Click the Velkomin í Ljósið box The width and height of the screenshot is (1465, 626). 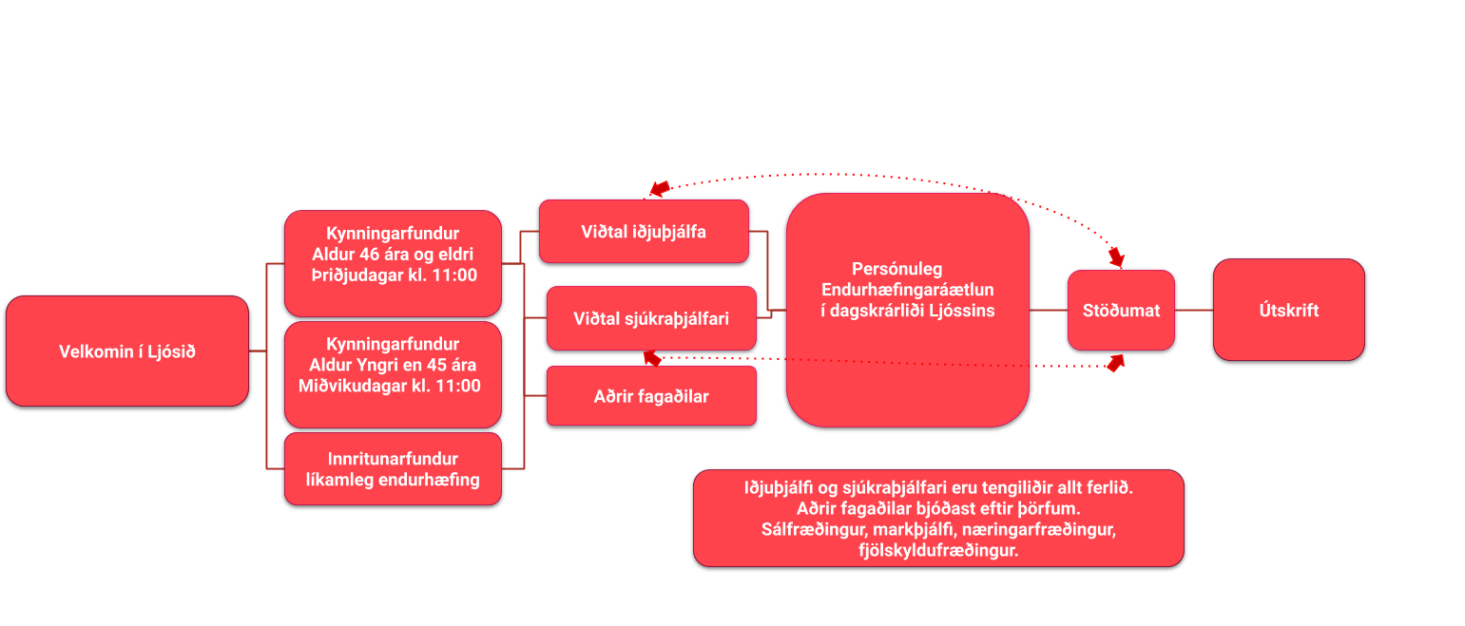tap(126, 351)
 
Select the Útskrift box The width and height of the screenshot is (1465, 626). tap(1288, 310)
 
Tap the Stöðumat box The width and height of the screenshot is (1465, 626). tap(1121, 310)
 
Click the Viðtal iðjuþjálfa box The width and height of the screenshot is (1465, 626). tap(644, 231)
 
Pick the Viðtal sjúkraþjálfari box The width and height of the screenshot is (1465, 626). tap(651, 318)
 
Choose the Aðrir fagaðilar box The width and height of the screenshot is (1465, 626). tap(651, 396)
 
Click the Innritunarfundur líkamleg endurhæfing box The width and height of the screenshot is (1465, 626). tap(393, 469)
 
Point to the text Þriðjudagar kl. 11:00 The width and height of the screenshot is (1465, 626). tap(394, 275)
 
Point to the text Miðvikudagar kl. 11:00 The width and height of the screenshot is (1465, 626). tap(389, 386)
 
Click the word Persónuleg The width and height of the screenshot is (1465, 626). tap(896, 269)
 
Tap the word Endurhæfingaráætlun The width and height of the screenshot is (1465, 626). tap(908, 289)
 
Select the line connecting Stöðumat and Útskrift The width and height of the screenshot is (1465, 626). tap(1194, 310)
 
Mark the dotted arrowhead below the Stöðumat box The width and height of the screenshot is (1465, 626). tap(1115, 362)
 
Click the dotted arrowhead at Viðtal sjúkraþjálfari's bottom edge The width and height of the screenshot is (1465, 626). tap(652, 357)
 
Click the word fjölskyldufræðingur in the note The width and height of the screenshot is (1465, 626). tap(937, 550)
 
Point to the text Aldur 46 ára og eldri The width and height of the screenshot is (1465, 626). tap(393, 255)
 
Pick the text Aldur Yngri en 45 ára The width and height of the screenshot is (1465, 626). tap(393, 365)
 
